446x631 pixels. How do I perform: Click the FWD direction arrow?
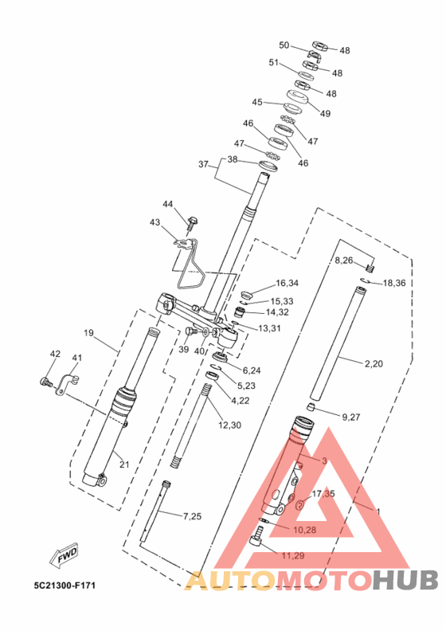pyautogui.click(x=64, y=557)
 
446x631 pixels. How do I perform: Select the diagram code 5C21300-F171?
pyautogui.click(x=65, y=585)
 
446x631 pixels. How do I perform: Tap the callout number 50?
pyautogui.click(x=284, y=45)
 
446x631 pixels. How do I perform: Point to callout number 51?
pyautogui.click(x=274, y=63)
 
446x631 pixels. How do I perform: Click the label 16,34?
pyautogui.click(x=287, y=284)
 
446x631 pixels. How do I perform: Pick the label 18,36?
pyautogui.click(x=394, y=284)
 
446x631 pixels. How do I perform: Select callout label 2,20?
pyautogui.click(x=374, y=364)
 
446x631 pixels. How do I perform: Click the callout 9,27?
pyautogui.click(x=351, y=417)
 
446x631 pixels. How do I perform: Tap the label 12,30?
pyautogui.click(x=229, y=425)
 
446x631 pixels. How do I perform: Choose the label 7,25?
pyautogui.click(x=192, y=516)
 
